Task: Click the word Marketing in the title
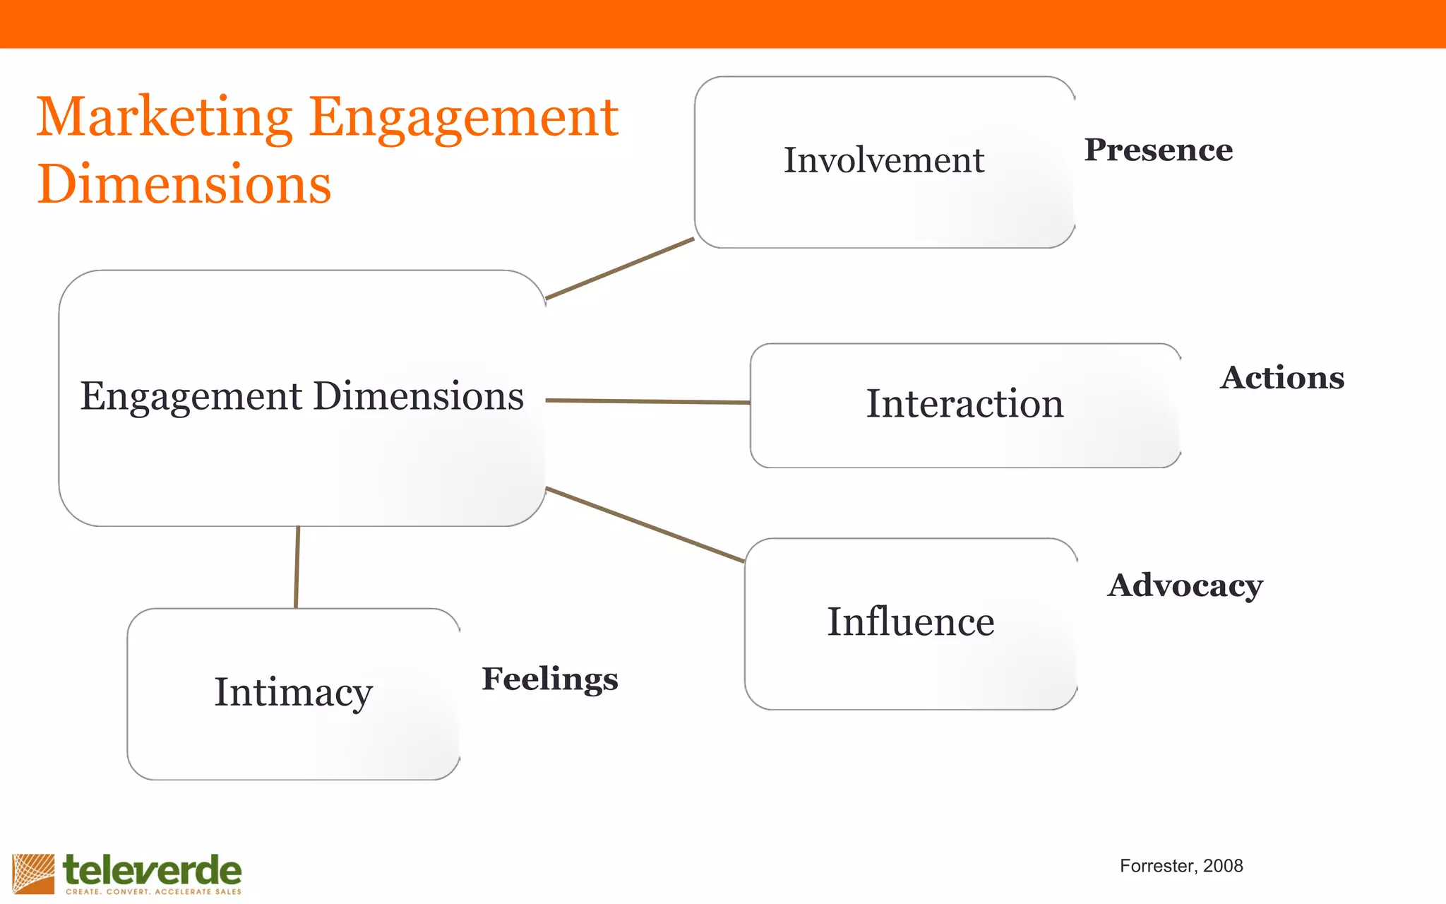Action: click(164, 117)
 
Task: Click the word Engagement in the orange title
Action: click(463, 117)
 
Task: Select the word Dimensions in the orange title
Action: click(184, 184)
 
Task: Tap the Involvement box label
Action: click(883, 160)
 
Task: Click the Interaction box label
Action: click(964, 404)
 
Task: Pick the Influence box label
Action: click(910, 622)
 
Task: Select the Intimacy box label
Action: click(293, 692)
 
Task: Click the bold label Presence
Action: click(1158, 150)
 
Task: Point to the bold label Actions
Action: click(1281, 378)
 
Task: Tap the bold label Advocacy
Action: click(1185, 585)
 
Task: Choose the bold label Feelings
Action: click(549, 679)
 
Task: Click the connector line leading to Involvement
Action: click(620, 268)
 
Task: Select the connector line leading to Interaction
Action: click(647, 401)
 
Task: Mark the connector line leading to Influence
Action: click(645, 525)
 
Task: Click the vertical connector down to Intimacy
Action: click(297, 567)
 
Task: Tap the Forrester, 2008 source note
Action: click(1181, 866)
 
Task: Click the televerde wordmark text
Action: click(152, 870)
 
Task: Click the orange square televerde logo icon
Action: click(33, 874)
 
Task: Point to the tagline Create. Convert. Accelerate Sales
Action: click(153, 892)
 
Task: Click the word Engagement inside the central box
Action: click(191, 396)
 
